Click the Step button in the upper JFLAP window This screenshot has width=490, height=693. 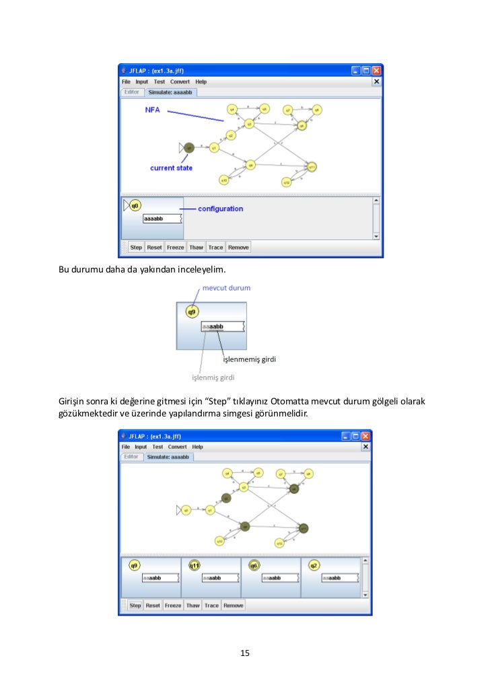pyautogui.click(x=136, y=248)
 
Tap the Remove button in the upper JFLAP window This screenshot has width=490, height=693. pyautogui.click(x=238, y=248)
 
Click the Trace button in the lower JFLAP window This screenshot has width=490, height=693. pyautogui.click(x=211, y=606)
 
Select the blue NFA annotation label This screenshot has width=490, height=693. pyautogui.click(x=153, y=110)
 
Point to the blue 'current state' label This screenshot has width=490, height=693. pyautogui.click(x=171, y=168)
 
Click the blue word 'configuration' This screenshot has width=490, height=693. pyautogui.click(x=220, y=209)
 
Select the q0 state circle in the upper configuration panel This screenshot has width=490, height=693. pyautogui.click(x=135, y=205)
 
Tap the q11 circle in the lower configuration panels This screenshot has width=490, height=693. pyautogui.click(x=195, y=565)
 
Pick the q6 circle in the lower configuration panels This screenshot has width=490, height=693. pyautogui.click(x=254, y=565)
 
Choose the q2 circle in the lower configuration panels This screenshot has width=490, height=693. pyautogui.click(x=314, y=565)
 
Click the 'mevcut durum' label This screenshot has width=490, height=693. pyautogui.click(x=226, y=288)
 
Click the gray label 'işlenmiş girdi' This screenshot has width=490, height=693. pyautogui.click(x=213, y=377)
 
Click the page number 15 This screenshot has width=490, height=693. pyautogui.click(x=245, y=653)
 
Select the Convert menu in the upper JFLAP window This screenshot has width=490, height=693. pyautogui.click(x=180, y=82)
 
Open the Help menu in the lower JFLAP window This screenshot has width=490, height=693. pyautogui.click(x=197, y=447)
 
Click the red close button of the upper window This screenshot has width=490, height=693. pyautogui.click(x=377, y=70)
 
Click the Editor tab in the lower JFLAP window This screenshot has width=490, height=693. pyautogui.click(x=131, y=457)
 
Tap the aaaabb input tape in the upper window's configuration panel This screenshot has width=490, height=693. pyautogui.click(x=162, y=219)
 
